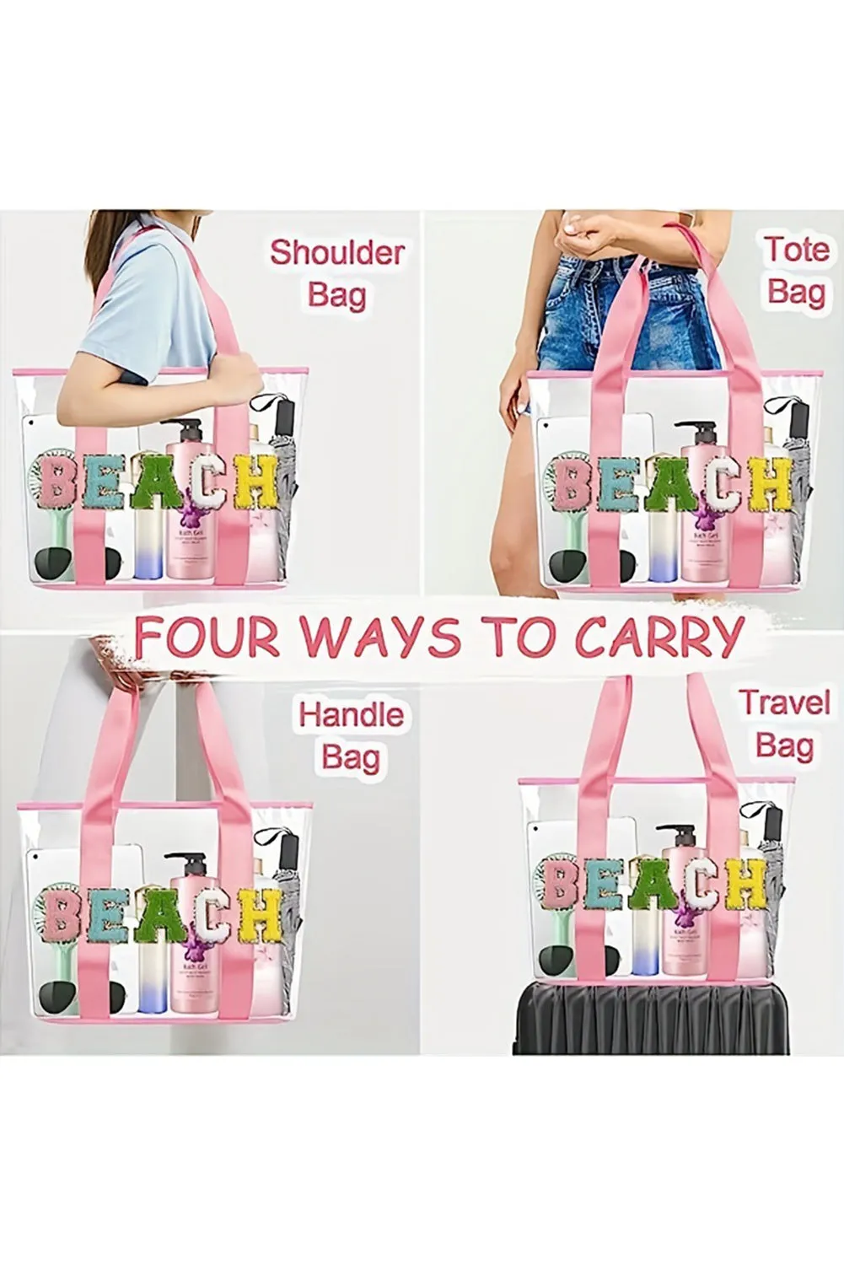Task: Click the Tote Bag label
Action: point(795,271)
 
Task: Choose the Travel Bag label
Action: point(784,724)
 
